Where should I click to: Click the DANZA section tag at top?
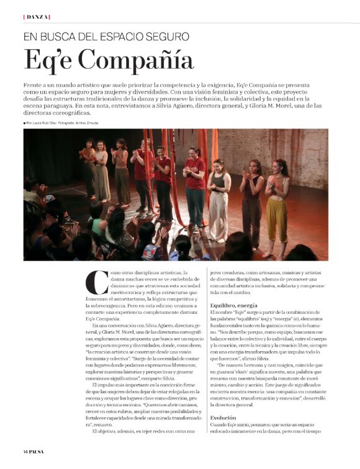coord(37,16)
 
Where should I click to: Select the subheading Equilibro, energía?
coord(233,305)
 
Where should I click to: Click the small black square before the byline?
coord(25,123)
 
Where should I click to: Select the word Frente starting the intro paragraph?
coord(35,83)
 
